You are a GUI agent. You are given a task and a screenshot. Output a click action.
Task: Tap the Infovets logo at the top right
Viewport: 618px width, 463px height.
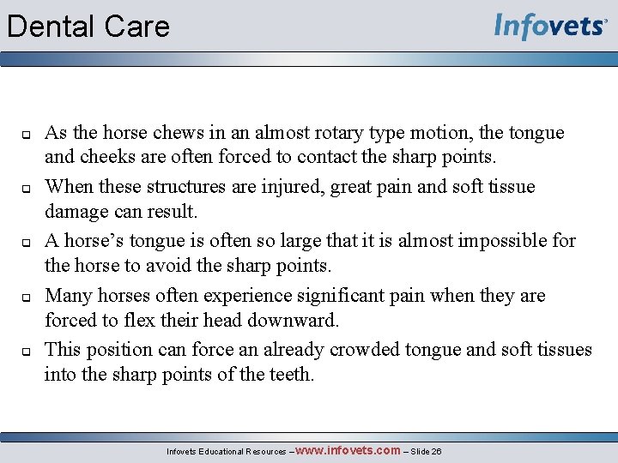pyautogui.click(x=550, y=27)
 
